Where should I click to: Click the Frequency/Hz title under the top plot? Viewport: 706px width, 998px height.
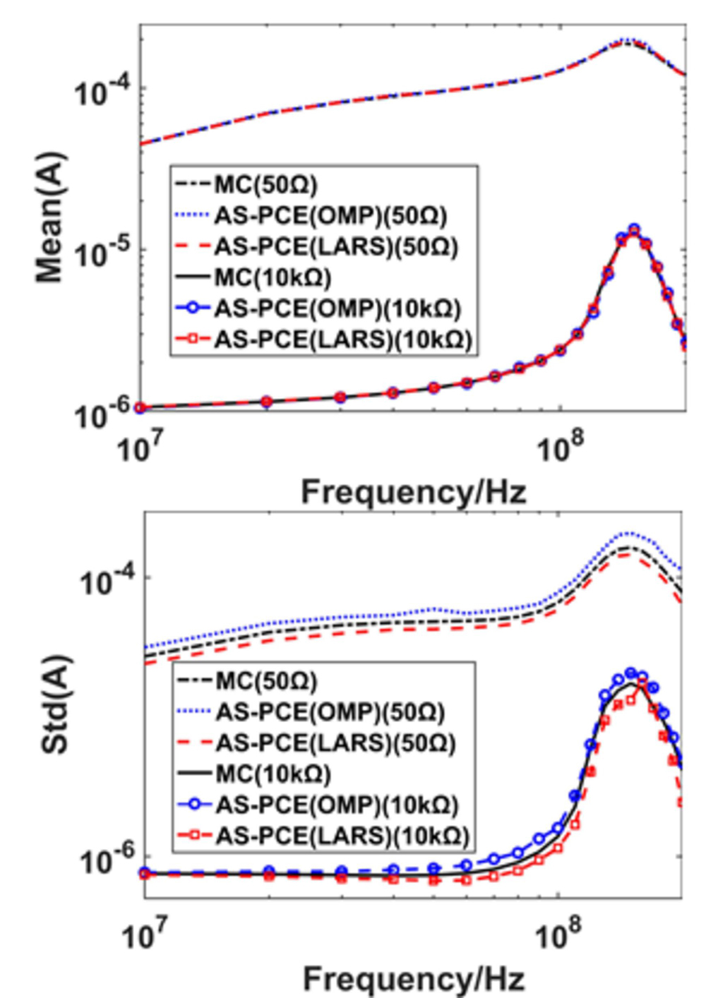(414, 491)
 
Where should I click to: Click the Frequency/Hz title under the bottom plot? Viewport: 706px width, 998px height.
(414, 978)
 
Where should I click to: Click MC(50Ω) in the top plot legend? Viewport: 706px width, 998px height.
(265, 184)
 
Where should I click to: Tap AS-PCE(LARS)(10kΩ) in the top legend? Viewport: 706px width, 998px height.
(342, 339)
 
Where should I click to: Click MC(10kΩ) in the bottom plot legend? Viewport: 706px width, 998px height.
(273, 774)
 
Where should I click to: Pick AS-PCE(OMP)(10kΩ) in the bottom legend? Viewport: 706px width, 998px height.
(337, 805)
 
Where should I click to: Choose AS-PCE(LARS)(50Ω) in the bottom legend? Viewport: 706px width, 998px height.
(335, 743)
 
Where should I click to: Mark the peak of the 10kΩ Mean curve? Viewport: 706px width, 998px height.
(633, 229)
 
